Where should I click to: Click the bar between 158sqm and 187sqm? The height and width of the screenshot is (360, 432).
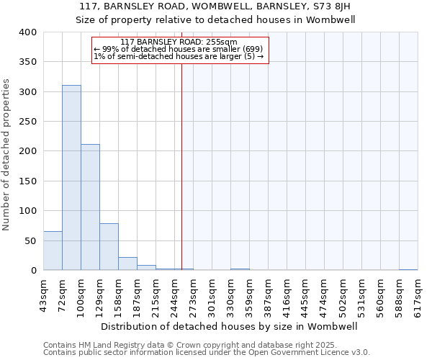(x=127, y=264)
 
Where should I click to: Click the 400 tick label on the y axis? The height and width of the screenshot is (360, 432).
(x=27, y=32)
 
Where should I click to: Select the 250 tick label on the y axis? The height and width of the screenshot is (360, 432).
(x=27, y=122)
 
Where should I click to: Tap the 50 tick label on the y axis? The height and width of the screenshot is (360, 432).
(x=30, y=240)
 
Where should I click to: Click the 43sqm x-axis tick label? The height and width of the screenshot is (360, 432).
(x=44, y=294)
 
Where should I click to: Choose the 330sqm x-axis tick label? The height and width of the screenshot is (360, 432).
(x=231, y=296)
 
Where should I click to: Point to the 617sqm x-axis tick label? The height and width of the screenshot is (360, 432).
(x=418, y=296)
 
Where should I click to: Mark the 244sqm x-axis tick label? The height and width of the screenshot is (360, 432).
(x=175, y=296)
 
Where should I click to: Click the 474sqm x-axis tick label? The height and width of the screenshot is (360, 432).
(x=325, y=296)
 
